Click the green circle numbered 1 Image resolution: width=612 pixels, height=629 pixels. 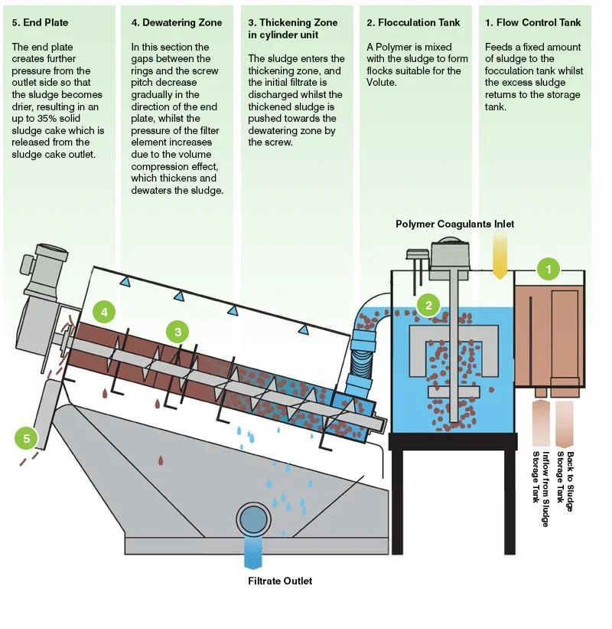(x=548, y=269)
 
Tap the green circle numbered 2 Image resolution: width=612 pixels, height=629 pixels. (x=428, y=305)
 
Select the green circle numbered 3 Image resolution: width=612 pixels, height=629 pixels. (x=178, y=332)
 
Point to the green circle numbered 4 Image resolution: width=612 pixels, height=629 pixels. (x=104, y=312)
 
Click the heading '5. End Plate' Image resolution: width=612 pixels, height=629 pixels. (x=40, y=23)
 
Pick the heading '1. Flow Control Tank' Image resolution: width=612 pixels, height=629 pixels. (x=532, y=23)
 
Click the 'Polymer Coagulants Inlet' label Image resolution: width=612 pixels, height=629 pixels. (x=454, y=224)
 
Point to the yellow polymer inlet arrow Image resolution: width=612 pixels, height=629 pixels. (x=500, y=255)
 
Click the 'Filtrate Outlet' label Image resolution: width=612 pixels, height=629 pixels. (x=280, y=581)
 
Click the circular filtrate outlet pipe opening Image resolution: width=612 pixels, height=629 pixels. (x=252, y=519)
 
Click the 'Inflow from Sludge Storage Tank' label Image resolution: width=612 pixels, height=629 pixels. (x=540, y=488)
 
